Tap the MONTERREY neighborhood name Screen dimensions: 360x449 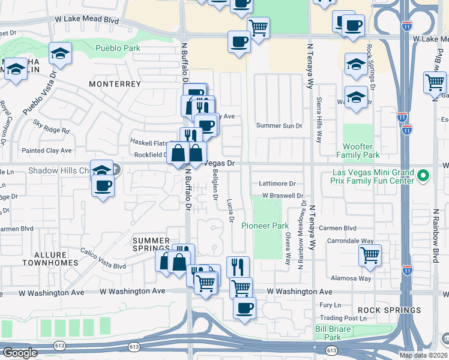[115, 84]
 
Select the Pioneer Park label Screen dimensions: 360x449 [265, 226]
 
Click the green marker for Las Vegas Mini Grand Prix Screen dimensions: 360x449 [423, 176]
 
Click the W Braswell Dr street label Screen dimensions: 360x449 [283, 196]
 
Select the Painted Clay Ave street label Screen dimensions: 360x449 [47, 151]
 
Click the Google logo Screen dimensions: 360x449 [20, 352]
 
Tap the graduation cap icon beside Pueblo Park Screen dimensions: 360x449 [60, 53]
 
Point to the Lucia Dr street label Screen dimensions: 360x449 [231, 212]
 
